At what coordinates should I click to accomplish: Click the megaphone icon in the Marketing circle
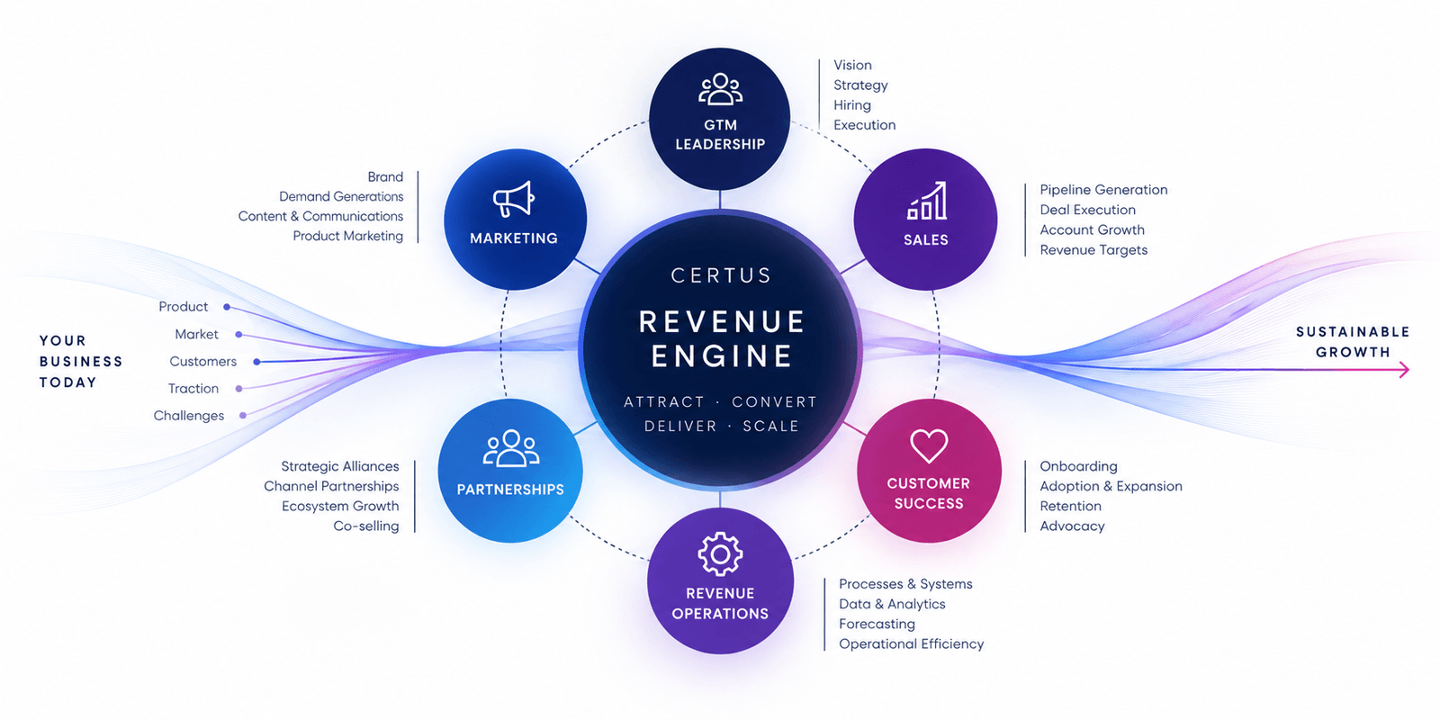513,199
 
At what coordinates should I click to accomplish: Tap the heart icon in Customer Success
929,445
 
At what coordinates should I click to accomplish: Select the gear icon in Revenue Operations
720,553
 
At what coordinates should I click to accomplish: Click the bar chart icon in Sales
926,201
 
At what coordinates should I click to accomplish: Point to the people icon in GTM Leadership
720,89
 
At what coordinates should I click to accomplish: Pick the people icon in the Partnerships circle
511,448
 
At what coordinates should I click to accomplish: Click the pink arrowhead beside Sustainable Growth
1404,369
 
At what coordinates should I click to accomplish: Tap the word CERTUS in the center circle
721,275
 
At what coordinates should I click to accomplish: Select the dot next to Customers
256,362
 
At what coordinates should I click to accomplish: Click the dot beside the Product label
227,307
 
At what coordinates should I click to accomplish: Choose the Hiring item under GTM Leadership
852,104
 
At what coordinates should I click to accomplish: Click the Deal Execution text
1088,210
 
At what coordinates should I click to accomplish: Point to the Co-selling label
365,526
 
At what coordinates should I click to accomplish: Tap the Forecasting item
877,625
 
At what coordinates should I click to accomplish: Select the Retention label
1070,506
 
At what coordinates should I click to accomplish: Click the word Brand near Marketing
385,176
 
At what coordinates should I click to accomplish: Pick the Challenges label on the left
188,416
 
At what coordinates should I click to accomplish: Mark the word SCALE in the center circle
770,427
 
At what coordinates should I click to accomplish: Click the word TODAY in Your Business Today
68,382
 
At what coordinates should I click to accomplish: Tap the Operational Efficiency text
911,644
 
